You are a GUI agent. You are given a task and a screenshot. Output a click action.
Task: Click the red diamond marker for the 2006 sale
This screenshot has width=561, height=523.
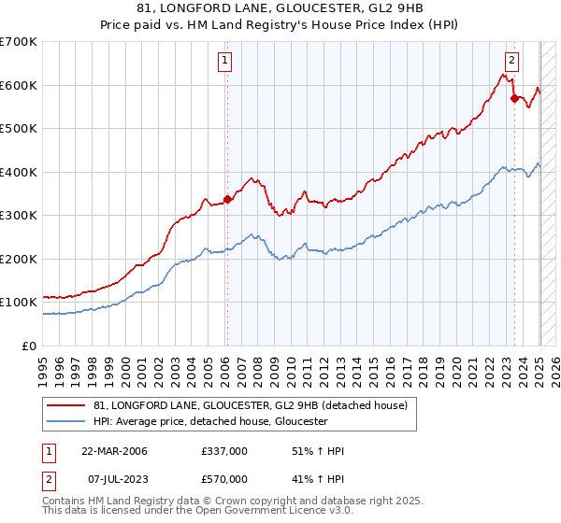[x=227, y=199]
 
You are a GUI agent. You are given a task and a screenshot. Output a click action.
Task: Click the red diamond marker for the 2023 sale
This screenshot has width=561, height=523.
[x=514, y=98]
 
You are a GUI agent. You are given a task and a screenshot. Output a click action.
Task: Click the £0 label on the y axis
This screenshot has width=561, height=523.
[x=28, y=346]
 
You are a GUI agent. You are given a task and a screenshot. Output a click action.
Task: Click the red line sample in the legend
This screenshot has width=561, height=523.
[x=66, y=405]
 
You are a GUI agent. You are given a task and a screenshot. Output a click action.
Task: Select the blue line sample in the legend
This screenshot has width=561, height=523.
[x=66, y=421]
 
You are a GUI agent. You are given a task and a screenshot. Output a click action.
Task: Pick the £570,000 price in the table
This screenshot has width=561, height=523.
[x=223, y=479]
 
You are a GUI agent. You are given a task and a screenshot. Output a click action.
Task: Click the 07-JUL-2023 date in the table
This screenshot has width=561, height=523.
[x=114, y=479]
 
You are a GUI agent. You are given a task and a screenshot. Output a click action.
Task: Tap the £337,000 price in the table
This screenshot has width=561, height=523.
[x=223, y=451]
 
